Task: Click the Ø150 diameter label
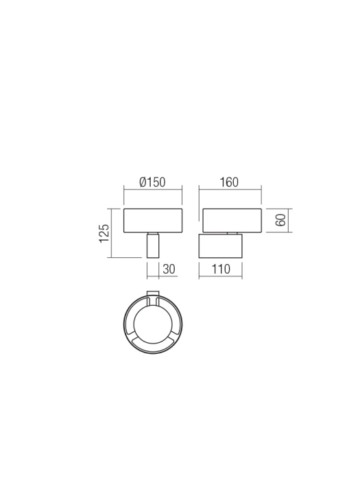[152, 182]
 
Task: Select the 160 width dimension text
[229, 182]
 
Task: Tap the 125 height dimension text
[105, 232]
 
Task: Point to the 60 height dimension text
[280, 221]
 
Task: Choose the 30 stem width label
[169, 269]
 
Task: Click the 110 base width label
[221, 269]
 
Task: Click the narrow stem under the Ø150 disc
[154, 245]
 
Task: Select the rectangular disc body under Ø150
[153, 221]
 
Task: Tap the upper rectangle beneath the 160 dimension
[232, 221]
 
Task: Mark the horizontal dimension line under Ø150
[153, 191]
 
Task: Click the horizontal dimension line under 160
[231, 191]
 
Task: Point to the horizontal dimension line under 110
[221, 276]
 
